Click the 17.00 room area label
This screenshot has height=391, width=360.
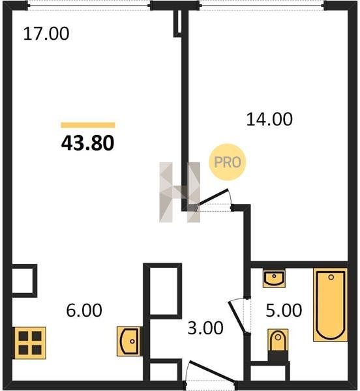coord(46,34)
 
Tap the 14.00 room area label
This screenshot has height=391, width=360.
coord(269,119)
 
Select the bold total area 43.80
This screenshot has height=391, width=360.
coord(88,143)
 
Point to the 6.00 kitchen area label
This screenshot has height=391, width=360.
coord(84,310)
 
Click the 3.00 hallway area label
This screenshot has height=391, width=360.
coord(205,328)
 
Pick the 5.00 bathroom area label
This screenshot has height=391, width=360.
coord(284,310)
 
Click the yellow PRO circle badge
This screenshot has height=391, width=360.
coord(227,162)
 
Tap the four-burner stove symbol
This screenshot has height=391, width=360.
coord(30,343)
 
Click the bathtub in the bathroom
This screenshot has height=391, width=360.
coord(331,305)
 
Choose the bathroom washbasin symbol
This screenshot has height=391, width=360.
coord(274,278)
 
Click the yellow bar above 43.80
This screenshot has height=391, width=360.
coord(88,125)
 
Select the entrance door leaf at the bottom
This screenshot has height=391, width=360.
coord(211,371)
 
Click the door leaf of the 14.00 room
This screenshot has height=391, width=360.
coord(213,197)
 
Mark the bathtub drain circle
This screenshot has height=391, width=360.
coord(331,277)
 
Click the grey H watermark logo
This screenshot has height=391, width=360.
coord(179,192)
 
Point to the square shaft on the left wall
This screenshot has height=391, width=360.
coord(25,281)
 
